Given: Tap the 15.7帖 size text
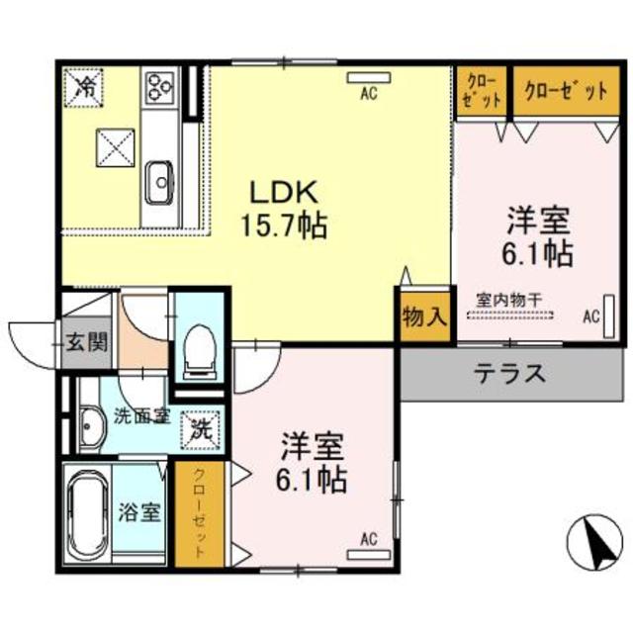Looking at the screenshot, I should tap(283, 226).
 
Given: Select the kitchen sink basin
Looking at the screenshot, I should tap(159, 180).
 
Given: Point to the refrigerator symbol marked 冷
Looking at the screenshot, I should tap(86, 86).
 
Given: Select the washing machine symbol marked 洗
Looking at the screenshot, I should tap(201, 428).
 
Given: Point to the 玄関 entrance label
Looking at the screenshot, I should tap(86, 343).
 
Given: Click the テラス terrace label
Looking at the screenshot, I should tap(510, 374).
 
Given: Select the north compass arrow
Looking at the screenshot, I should tap(596, 543).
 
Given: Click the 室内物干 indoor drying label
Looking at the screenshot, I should tap(509, 297).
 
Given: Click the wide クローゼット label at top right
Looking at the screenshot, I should tap(565, 91).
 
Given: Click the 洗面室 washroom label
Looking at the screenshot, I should tap(141, 415).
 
